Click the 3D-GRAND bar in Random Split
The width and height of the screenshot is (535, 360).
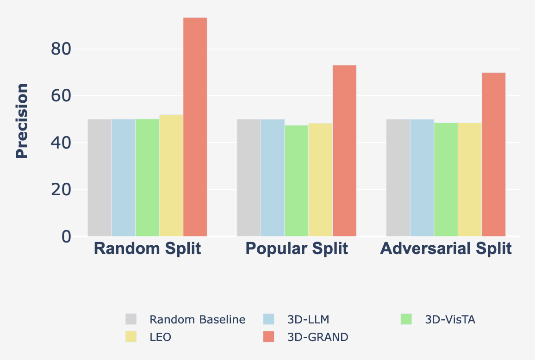pyautogui.click(x=195, y=127)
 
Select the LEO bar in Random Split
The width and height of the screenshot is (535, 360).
pyautogui.click(x=171, y=175)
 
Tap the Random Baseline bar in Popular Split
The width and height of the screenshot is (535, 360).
pyautogui.click(x=249, y=178)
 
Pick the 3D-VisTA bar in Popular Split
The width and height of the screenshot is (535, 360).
pyautogui.click(x=297, y=181)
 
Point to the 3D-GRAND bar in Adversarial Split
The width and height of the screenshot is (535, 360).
pyautogui.click(x=494, y=155)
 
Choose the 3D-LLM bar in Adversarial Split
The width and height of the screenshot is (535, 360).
pyautogui.click(x=422, y=178)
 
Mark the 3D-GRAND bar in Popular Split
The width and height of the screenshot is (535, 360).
pyautogui.click(x=344, y=151)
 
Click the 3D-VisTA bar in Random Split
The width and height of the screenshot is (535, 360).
pyautogui.click(x=147, y=178)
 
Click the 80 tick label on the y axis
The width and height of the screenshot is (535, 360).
pyautogui.click(x=61, y=49)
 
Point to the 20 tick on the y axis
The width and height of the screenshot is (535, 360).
pyautogui.click(x=61, y=190)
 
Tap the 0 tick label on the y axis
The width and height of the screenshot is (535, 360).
pyautogui.click(x=66, y=237)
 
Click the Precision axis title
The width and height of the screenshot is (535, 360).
pyautogui.click(x=22, y=121)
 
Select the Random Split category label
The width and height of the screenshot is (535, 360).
pyautogui.click(x=147, y=249)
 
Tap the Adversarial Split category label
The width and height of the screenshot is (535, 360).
pyautogui.click(x=446, y=249)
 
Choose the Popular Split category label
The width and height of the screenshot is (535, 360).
pyautogui.click(x=297, y=249)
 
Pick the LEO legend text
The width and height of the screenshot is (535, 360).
pyautogui.click(x=161, y=337)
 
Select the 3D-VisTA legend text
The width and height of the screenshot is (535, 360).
pyautogui.click(x=450, y=319)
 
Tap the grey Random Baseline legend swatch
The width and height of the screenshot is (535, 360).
pyautogui.click(x=131, y=319)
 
